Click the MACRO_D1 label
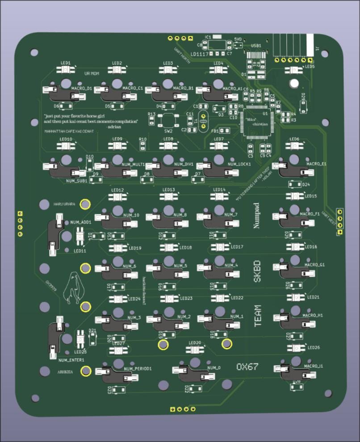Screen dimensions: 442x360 pos(82,88)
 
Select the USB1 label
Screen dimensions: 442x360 pos(256,46)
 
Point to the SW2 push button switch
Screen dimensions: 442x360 pos(168,121)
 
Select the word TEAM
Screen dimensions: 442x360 pos(257,317)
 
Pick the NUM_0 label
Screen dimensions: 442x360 pos(214,367)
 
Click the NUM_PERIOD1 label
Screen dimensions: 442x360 pos(138,369)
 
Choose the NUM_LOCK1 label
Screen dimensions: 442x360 pos(239,164)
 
